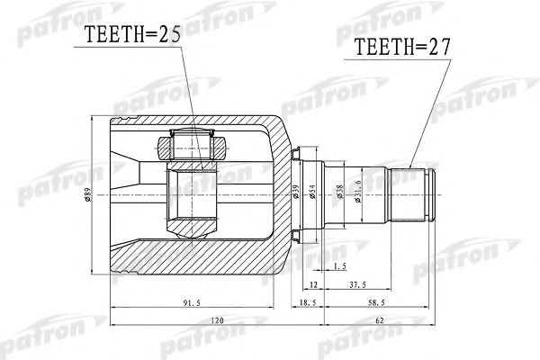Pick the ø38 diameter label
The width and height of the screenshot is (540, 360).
click(341, 193)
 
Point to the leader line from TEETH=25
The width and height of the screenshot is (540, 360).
click(185, 90)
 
